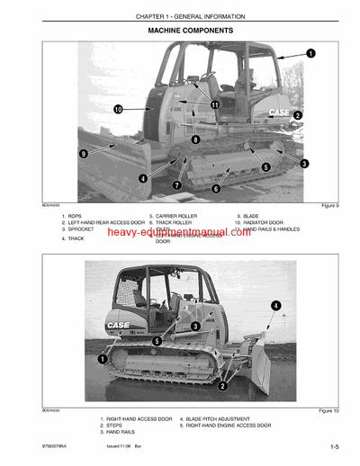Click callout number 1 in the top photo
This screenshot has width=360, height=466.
tap(310, 54)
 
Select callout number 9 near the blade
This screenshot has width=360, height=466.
tap(84, 154)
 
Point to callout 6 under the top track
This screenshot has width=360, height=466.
tap(215, 188)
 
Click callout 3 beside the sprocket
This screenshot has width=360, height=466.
tap(304, 163)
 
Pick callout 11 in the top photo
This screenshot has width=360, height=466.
tap(214, 104)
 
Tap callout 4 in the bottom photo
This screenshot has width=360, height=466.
tap(274, 306)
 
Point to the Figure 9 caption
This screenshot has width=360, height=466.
tap(329, 206)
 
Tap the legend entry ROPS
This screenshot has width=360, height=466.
tap(74, 217)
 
